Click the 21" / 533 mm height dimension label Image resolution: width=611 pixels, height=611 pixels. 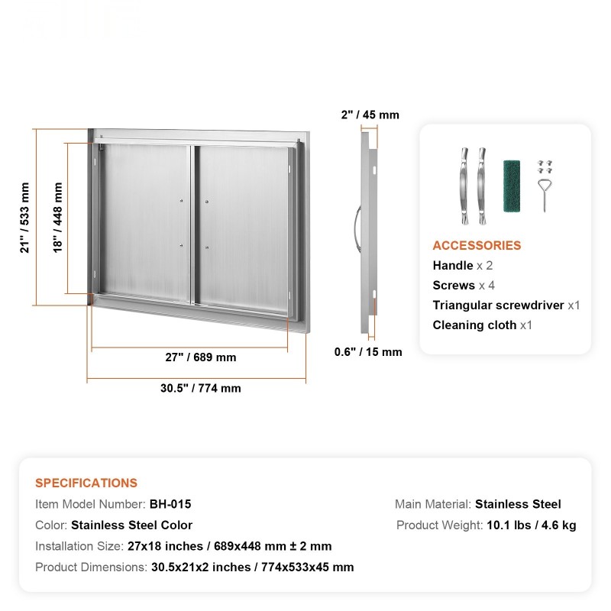(24, 218)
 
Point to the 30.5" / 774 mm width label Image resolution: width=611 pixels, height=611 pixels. (200, 388)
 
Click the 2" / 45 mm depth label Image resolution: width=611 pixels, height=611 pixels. (370, 115)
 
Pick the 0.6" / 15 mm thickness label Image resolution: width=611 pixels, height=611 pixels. (367, 352)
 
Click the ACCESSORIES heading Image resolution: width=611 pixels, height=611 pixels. (477, 245)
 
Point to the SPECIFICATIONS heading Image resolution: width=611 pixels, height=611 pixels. (86, 483)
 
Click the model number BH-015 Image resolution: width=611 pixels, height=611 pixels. (170, 504)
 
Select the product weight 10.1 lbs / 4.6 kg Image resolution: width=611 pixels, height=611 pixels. (531, 525)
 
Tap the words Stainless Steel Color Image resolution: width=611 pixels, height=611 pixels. (131, 525)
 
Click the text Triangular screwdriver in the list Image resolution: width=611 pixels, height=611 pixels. (499, 305)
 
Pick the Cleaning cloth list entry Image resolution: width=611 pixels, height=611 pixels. (474, 325)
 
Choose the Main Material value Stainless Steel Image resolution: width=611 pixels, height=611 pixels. (518, 504)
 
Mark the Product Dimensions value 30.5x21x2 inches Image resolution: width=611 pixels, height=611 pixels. (200, 567)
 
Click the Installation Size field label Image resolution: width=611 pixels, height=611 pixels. (79, 546)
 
